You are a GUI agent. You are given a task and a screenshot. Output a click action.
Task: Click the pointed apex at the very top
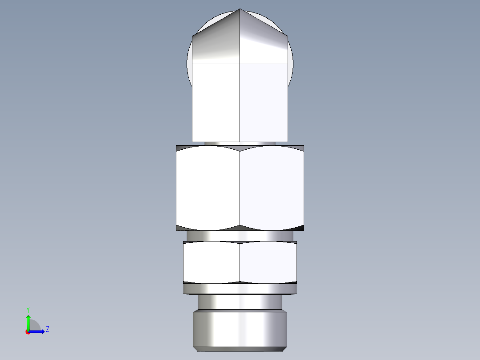[x=240, y=9]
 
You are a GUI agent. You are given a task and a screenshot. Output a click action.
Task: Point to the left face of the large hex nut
[x=208, y=187]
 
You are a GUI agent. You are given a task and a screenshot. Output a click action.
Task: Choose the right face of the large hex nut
[x=272, y=187]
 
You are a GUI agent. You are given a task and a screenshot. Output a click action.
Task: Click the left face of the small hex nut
[x=212, y=262]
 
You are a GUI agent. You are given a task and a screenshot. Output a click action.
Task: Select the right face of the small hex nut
[x=268, y=262]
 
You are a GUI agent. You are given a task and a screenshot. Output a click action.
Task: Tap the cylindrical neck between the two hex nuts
[x=240, y=236]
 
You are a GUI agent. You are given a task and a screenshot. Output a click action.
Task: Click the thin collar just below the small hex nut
[x=240, y=289]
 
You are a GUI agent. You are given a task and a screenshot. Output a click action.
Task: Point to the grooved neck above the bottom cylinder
[x=240, y=303]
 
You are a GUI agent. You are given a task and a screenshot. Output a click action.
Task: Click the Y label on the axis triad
[x=28, y=309]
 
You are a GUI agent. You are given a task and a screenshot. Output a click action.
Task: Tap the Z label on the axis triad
[x=48, y=329]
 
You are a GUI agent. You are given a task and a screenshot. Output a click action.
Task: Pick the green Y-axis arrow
[x=28, y=321]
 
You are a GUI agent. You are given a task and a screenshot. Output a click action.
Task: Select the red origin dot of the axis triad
[x=28, y=332]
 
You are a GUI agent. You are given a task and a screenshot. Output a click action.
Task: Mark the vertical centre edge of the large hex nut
[x=240, y=187]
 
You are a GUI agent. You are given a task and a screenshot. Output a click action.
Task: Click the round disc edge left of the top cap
[x=189, y=65]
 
